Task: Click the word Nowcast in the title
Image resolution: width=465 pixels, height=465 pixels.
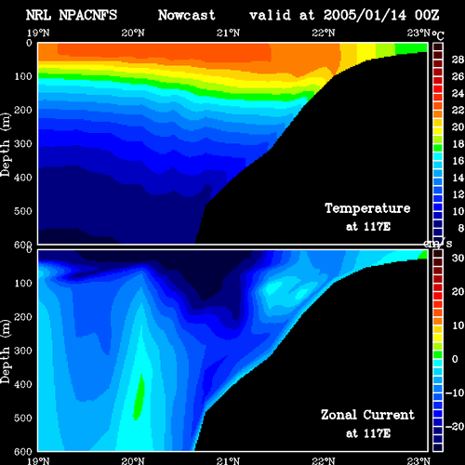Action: (186, 15)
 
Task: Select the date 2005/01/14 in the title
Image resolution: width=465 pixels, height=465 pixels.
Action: (365, 15)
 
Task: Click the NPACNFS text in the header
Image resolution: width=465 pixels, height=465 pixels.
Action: (88, 15)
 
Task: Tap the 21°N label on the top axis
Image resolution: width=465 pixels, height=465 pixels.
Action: (228, 33)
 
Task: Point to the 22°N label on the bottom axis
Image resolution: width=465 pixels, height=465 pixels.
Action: (324, 460)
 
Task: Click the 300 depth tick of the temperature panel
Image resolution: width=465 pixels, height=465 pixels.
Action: (23, 144)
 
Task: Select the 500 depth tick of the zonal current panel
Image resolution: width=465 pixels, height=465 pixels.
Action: (23, 418)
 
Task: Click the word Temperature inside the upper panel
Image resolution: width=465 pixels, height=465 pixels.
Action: (367, 208)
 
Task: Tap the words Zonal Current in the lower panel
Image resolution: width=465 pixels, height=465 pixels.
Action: (367, 415)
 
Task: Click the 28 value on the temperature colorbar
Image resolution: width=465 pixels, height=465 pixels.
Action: (458, 60)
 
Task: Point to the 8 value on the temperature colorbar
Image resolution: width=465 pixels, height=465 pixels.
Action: (461, 228)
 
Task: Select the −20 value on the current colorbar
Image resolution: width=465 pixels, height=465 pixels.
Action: (455, 427)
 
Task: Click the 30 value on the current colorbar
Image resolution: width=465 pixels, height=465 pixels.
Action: (458, 258)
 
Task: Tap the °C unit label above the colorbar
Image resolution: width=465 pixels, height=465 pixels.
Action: (438, 35)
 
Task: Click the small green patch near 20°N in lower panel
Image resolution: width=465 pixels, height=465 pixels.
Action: (139, 397)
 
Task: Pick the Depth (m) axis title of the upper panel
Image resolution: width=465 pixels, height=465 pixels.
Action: (6, 144)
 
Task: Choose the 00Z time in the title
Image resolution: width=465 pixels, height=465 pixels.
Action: (427, 15)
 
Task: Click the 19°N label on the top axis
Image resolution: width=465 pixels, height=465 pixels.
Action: (38, 33)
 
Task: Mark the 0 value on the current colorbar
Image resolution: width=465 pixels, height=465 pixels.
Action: (455, 359)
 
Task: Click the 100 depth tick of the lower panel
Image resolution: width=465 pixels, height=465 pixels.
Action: (23, 283)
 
